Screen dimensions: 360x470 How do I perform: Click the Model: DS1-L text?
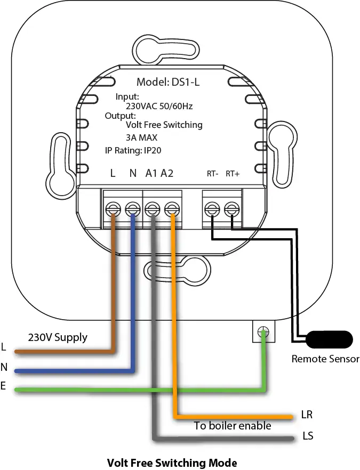pos(167,82)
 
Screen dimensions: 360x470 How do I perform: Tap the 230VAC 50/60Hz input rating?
pos(159,106)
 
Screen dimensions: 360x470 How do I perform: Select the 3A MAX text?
pos(141,137)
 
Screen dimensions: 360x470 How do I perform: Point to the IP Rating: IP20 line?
pos(133,150)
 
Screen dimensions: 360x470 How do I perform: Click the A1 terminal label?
pos(151,173)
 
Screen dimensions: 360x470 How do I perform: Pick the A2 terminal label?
pos(167,173)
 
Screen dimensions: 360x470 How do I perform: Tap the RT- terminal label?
pos(212,174)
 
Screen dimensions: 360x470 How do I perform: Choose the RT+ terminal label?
pos(233,174)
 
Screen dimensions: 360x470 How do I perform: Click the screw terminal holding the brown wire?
pos(113,209)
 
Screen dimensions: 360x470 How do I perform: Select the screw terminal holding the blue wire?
pos(133,209)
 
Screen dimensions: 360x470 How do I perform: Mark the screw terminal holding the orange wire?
pos(172,209)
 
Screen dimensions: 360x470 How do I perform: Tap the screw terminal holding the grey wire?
pos(153,209)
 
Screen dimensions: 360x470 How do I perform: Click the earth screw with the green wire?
pos(263,332)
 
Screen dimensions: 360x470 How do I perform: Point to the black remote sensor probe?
pos(330,339)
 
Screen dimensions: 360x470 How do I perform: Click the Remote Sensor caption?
pos(325,359)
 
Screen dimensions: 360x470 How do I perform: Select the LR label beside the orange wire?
pos(307,415)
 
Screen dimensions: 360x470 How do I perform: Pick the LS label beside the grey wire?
pos(308,436)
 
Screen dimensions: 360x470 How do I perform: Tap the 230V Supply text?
pos(58,338)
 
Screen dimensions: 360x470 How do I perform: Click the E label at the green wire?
pos(3,385)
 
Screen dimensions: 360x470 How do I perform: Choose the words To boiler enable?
pos(232,426)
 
